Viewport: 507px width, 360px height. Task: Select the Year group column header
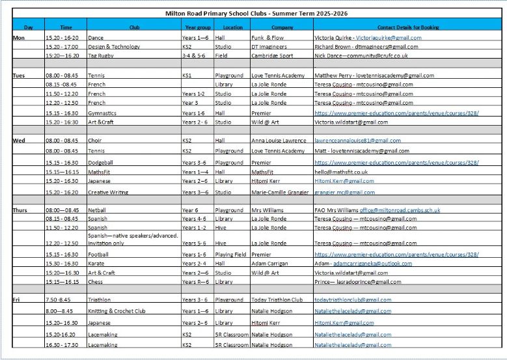(x=197, y=27)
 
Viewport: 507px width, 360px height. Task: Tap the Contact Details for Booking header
(x=408, y=27)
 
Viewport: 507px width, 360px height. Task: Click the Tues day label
(x=19, y=76)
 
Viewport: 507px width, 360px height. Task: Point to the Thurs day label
(x=20, y=210)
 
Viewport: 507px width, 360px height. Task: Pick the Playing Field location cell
(x=231, y=255)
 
